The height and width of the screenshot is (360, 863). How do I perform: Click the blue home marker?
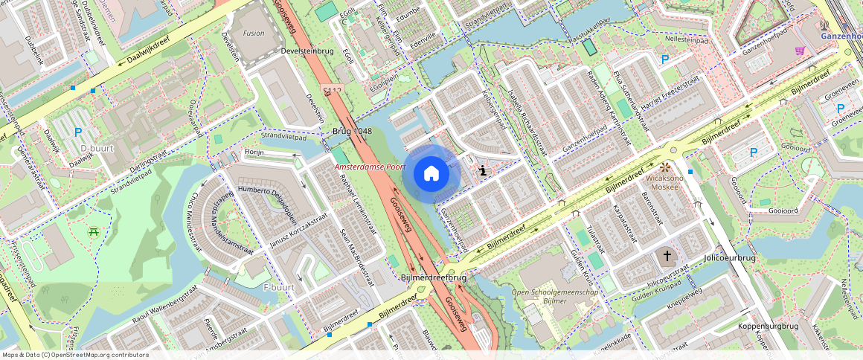pyautogui.click(x=431, y=174)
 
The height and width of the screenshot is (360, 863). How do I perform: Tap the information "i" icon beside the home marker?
pyautogui.click(x=483, y=171)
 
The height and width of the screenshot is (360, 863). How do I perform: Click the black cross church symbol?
pyautogui.click(x=667, y=256)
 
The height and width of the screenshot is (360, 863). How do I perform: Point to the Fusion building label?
pyautogui.click(x=253, y=33)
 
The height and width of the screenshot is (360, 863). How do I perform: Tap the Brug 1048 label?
pyautogui.click(x=352, y=131)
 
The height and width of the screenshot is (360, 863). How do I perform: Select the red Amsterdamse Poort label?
pyautogui.click(x=370, y=167)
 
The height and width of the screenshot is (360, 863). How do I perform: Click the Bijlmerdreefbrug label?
pyautogui.click(x=433, y=277)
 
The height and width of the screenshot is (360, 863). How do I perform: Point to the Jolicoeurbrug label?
pyautogui.click(x=729, y=257)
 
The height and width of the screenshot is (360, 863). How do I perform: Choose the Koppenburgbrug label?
pyautogui.click(x=768, y=327)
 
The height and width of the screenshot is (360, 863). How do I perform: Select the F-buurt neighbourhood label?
pyautogui.click(x=279, y=286)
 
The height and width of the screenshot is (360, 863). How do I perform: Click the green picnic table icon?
pyautogui.click(x=94, y=232)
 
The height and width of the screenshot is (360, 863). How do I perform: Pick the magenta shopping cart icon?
pyautogui.click(x=800, y=51)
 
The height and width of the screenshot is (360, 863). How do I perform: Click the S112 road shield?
pyautogui.click(x=332, y=91)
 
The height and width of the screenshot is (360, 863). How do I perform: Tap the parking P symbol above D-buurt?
pyautogui.click(x=78, y=132)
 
